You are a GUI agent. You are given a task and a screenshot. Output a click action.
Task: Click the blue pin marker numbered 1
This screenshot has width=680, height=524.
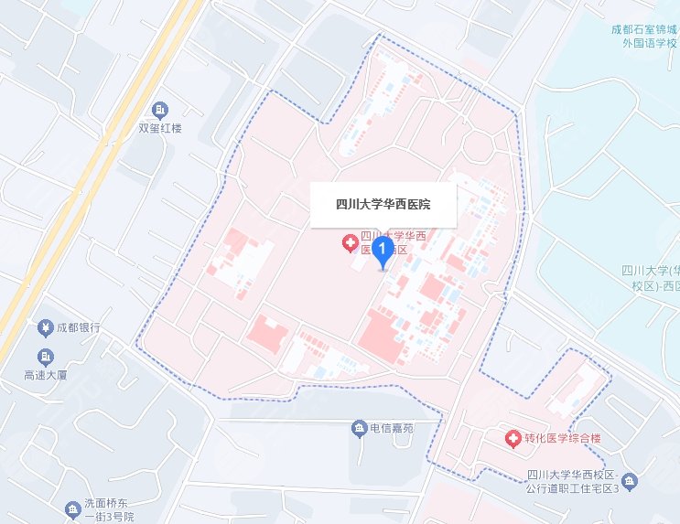point(383,250)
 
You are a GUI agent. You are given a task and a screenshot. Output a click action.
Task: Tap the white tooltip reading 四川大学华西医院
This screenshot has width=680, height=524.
point(383,205)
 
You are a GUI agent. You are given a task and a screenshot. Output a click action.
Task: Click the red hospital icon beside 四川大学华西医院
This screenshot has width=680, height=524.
point(349,242)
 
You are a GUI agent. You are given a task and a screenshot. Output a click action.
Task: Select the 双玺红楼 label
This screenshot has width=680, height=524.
point(160,128)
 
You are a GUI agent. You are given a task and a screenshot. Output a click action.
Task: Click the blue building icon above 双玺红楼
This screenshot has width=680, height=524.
point(160,111)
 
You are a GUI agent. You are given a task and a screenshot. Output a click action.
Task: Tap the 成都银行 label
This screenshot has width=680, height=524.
point(77,327)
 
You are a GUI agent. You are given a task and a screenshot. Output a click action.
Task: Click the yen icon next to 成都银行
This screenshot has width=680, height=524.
point(44,327)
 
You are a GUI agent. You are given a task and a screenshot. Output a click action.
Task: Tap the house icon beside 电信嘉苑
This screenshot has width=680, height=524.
point(360,428)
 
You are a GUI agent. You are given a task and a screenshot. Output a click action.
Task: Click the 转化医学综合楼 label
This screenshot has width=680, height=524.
point(563,440)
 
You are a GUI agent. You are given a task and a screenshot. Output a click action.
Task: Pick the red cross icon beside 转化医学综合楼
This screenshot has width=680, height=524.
point(513,440)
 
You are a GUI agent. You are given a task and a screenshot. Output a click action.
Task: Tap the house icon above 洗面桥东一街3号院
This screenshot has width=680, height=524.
point(72,507)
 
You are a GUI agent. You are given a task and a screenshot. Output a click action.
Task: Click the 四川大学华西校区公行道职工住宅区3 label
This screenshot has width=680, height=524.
point(574,482)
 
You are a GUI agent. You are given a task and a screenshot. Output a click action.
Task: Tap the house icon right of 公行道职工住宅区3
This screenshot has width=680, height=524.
point(631,482)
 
